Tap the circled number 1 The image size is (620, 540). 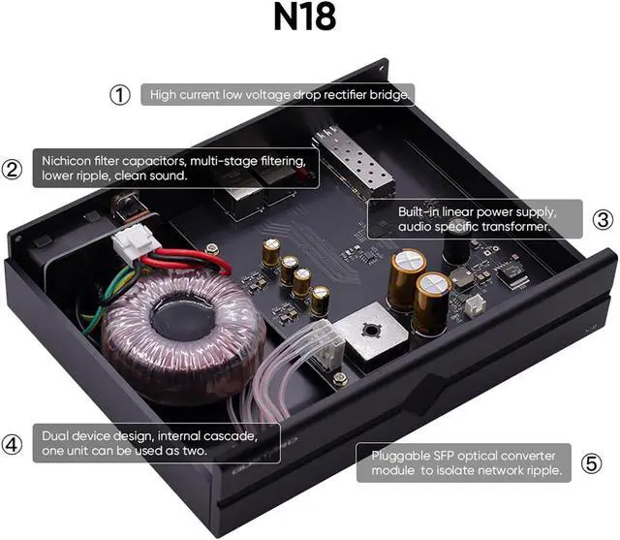pyautogui.click(x=118, y=95)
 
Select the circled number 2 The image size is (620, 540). pyautogui.click(x=12, y=169)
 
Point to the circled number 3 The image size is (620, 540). pyautogui.click(x=602, y=219)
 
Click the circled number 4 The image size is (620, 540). pyautogui.click(x=12, y=444)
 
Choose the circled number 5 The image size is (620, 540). pyautogui.click(x=591, y=463)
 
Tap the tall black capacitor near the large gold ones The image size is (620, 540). pyautogui.click(x=456, y=249)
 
